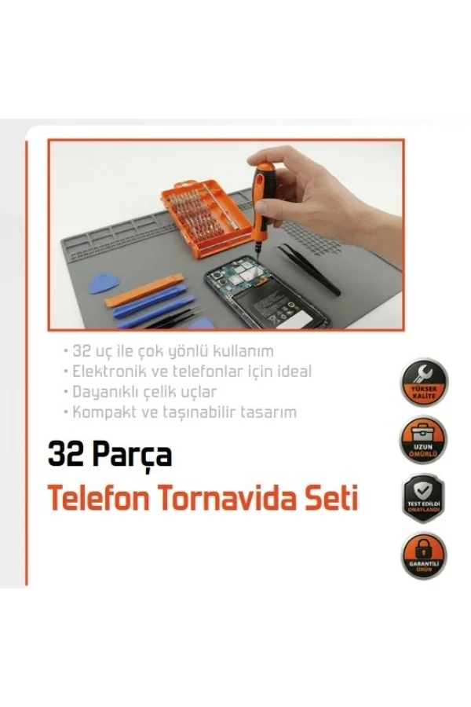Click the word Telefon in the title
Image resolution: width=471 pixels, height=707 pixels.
click(100, 499)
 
